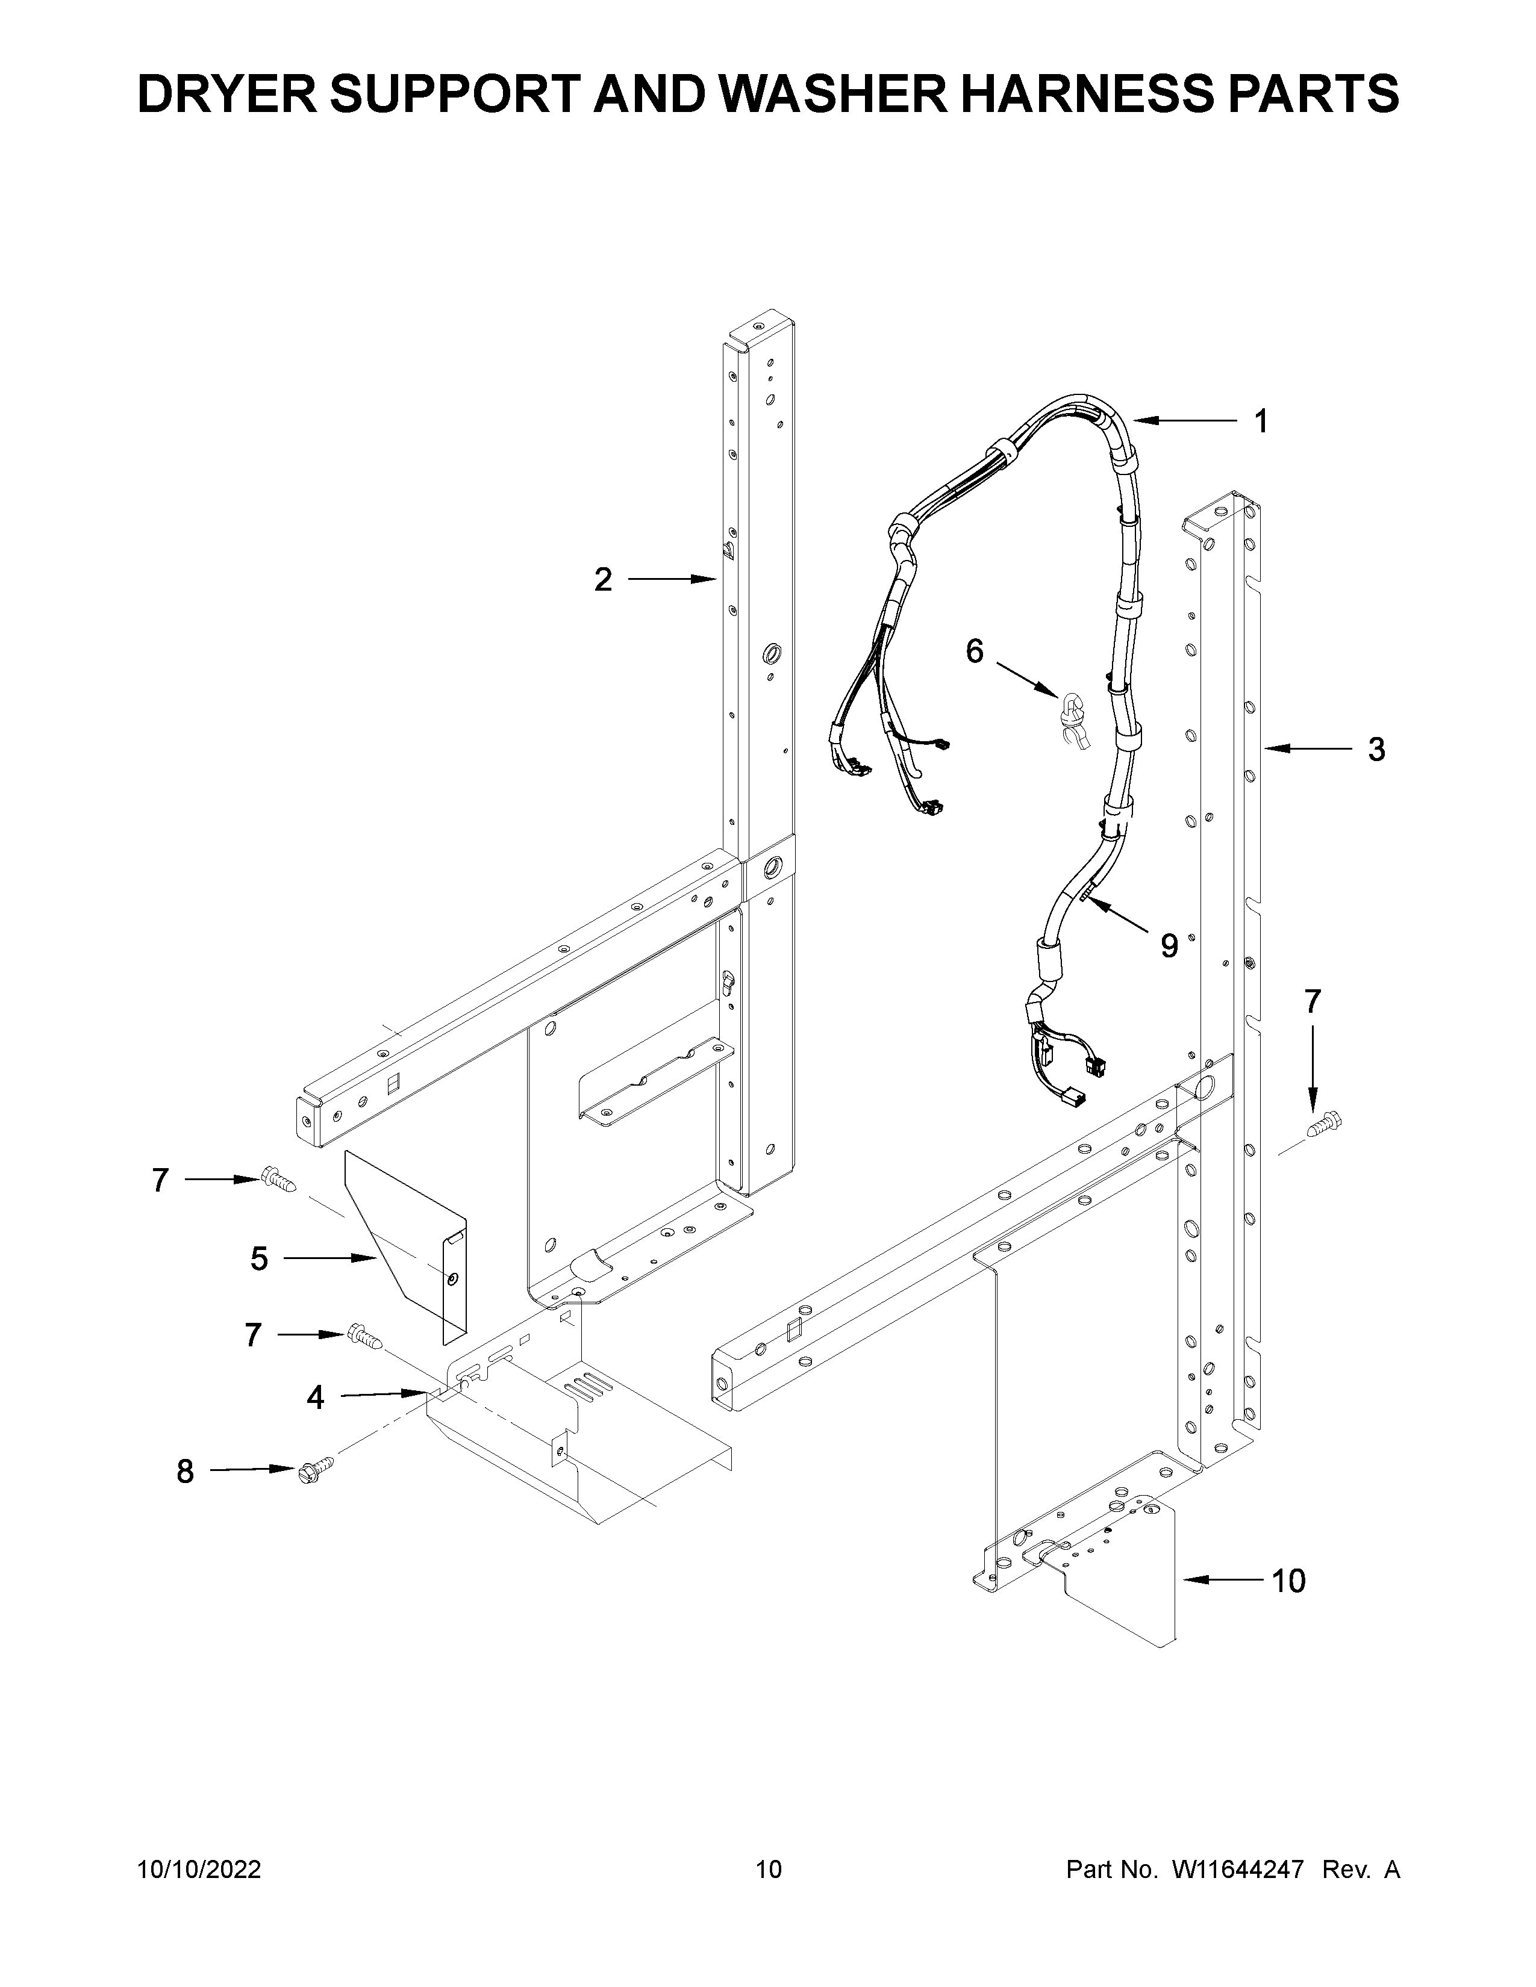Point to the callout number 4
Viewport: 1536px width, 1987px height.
point(315,1396)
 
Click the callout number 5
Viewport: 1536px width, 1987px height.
point(260,1259)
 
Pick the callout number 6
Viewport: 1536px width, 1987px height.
point(975,651)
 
